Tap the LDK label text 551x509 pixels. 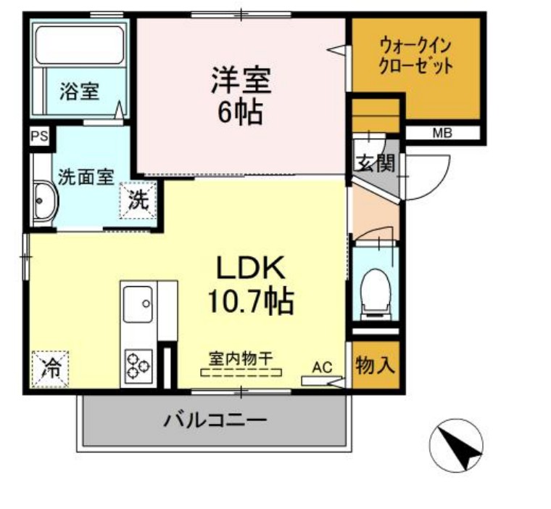(240, 269)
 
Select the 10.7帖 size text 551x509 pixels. (240, 299)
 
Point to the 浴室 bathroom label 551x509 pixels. (79, 91)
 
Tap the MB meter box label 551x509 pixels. (442, 133)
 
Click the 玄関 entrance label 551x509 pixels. (374, 163)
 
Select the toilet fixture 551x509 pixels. (376, 290)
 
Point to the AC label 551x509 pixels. (322, 367)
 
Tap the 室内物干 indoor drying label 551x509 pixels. (241, 358)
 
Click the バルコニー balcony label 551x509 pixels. (215, 420)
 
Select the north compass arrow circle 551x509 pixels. (456, 445)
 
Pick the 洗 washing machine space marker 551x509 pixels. (138, 201)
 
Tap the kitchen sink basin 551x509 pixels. (137, 304)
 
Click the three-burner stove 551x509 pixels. (138, 365)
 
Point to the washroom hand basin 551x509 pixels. (45, 200)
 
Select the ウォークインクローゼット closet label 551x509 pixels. (416, 56)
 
